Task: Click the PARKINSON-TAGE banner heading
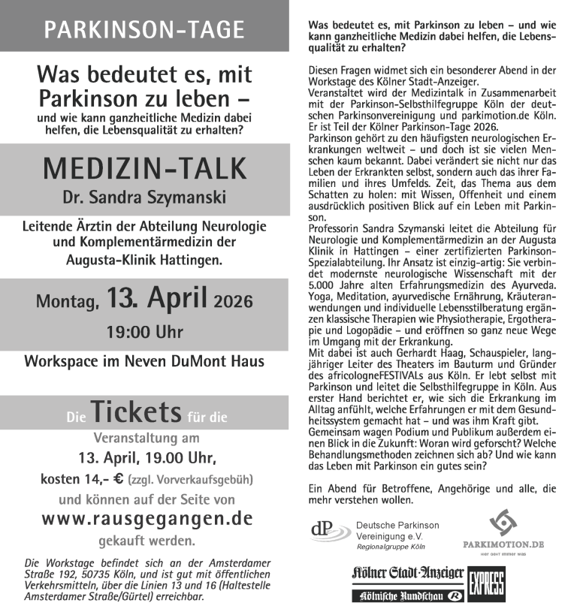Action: pos(144,29)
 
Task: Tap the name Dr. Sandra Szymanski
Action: pos(144,199)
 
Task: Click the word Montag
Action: pos(67,303)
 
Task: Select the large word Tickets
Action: pos(136,412)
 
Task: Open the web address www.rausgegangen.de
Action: pos(147,519)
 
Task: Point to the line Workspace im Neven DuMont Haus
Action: pos(144,361)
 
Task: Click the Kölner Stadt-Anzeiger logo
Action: pos(408,574)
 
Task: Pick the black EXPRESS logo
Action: pos(486,583)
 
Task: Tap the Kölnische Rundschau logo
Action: pos(408,596)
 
